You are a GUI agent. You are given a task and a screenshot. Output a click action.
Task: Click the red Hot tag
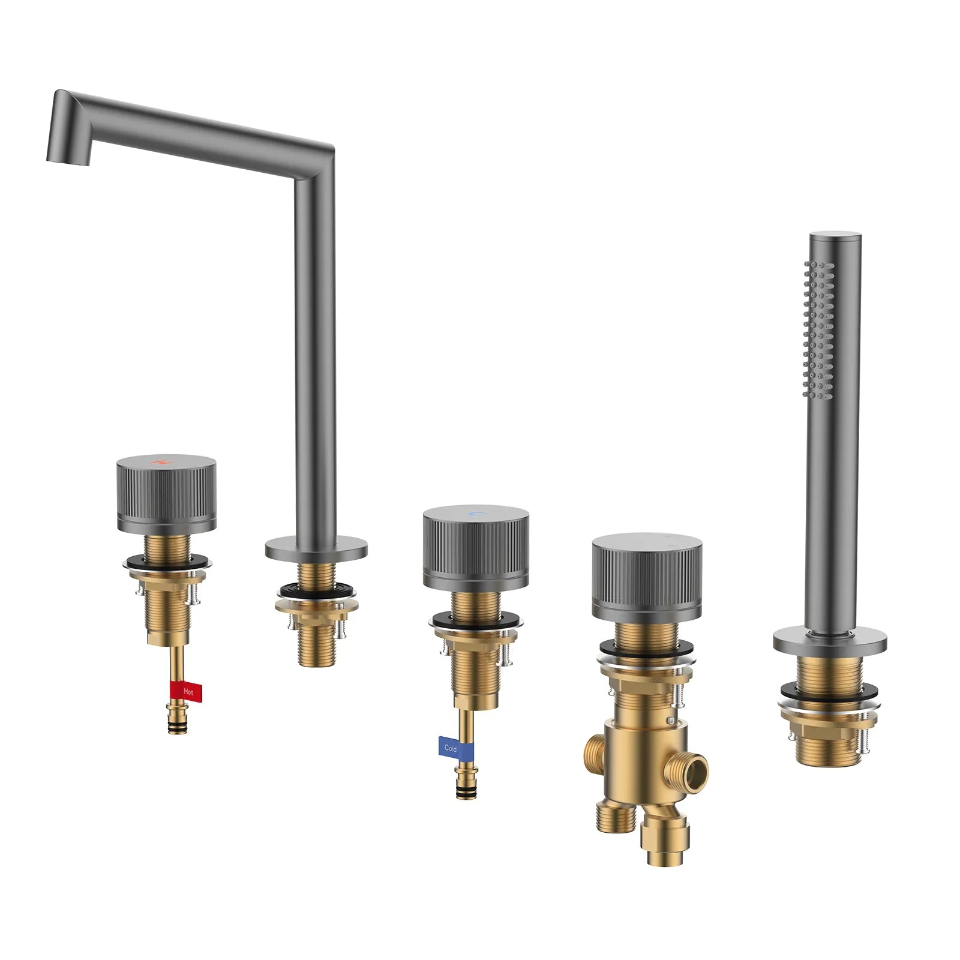185,692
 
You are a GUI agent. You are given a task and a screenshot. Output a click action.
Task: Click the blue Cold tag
456,748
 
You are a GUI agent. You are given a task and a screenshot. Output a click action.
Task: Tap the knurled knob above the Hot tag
166,494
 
